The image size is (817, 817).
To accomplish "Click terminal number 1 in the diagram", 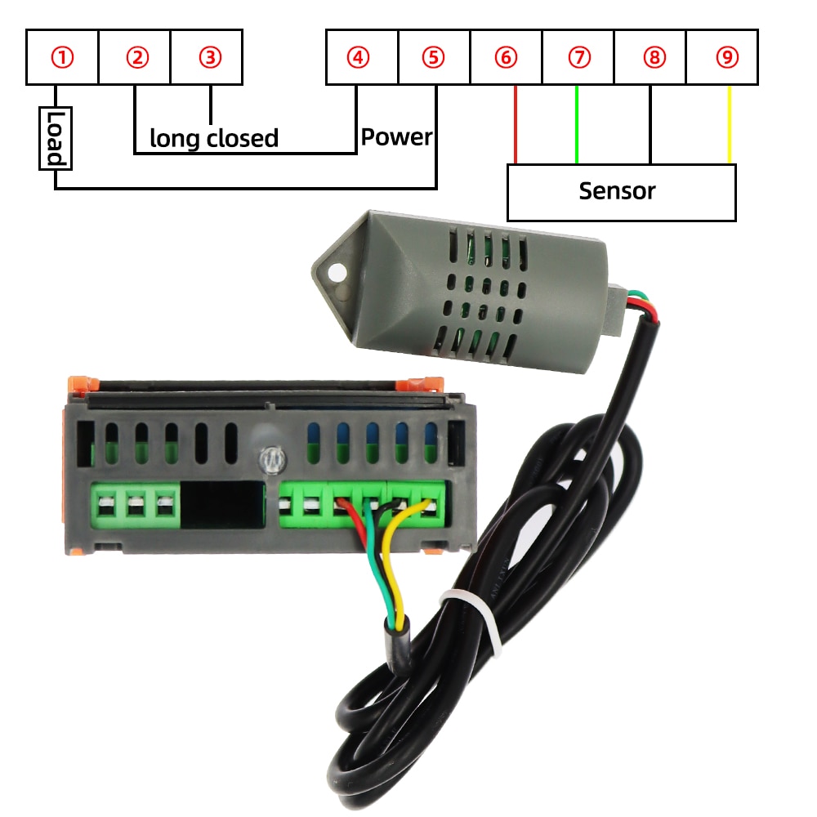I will pyautogui.click(x=62, y=57).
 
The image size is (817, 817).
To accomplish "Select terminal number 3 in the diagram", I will pyautogui.click(x=210, y=57).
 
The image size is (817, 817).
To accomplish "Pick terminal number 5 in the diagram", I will pyautogui.click(x=434, y=57).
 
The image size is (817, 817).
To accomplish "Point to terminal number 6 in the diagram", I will pyautogui.click(x=506, y=57).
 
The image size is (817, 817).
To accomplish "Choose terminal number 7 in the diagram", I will pyautogui.click(x=578, y=57).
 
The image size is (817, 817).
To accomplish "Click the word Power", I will pyautogui.click(x=396, y=136).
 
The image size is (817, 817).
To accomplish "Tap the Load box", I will pyautogui.click(x=55, y=138).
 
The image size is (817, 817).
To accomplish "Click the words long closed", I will pyautogui.click(x=214, y=138).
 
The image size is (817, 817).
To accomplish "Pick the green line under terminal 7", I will pyautogui.click(x=577, y=123).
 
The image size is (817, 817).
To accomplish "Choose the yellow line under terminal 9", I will pyautogui.click(x=729, y=123).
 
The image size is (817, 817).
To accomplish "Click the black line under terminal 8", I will pyautogui.click(x=651, y=123).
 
